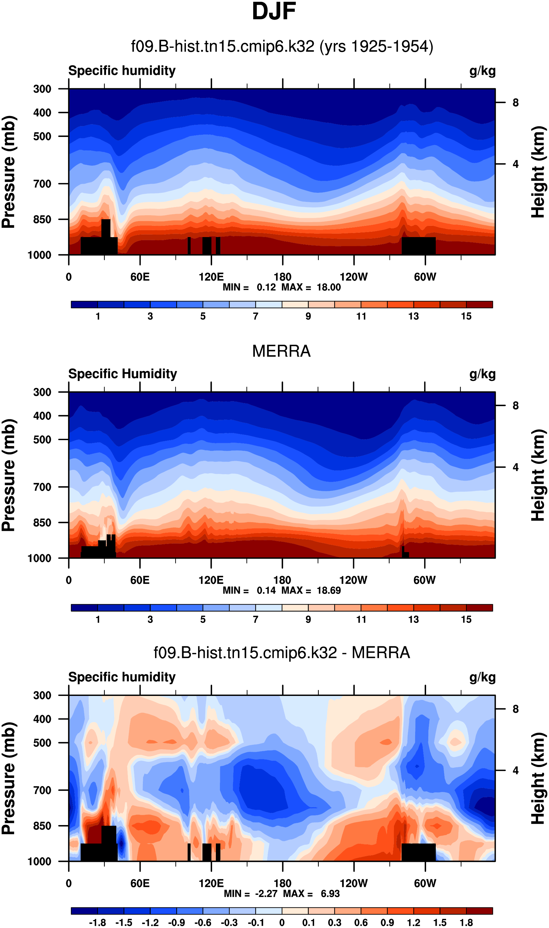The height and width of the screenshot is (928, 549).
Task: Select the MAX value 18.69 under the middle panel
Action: pyautogui.click(x=328, y=590)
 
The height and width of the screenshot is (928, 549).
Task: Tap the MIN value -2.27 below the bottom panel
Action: pyautogui.click(x=266, y=894)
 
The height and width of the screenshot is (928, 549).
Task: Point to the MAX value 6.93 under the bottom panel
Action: pyautogui.click(x=330, y=894)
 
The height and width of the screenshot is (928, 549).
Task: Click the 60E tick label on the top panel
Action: pyautogui.click(x=140, y=277)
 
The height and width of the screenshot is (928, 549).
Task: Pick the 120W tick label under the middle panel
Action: pyautogui.click(x=353, y=580)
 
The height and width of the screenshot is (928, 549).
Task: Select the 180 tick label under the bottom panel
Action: pyautogui.click(x=282, y=883)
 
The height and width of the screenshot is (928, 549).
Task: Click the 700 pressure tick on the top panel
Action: pyautogui.click(x=42, y=184)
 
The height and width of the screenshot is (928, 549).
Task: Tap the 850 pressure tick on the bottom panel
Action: pyautogui.click(x=42, y=826)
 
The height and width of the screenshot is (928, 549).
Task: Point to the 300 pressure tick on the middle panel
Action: pyautogui.click(x=42, y=392)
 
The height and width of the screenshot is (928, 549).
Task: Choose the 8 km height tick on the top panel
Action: pyautogui.click(x=515, y=103)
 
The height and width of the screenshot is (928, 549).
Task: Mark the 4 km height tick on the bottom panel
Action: pyautogui.click(x=515, y=771)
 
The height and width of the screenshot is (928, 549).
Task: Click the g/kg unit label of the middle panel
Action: pyautogui.click(x=483, y=374)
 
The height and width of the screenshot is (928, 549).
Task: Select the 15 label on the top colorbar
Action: pyautogui.click(x=466, y=316)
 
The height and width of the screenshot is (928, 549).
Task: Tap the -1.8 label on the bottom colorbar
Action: pyautogui.click(x=97, y=922)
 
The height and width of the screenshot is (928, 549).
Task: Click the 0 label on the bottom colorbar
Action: pyautogui.click(x=282, y=922)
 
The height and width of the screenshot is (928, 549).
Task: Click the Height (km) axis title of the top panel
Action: pyautogui.click(x=538, y=172)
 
